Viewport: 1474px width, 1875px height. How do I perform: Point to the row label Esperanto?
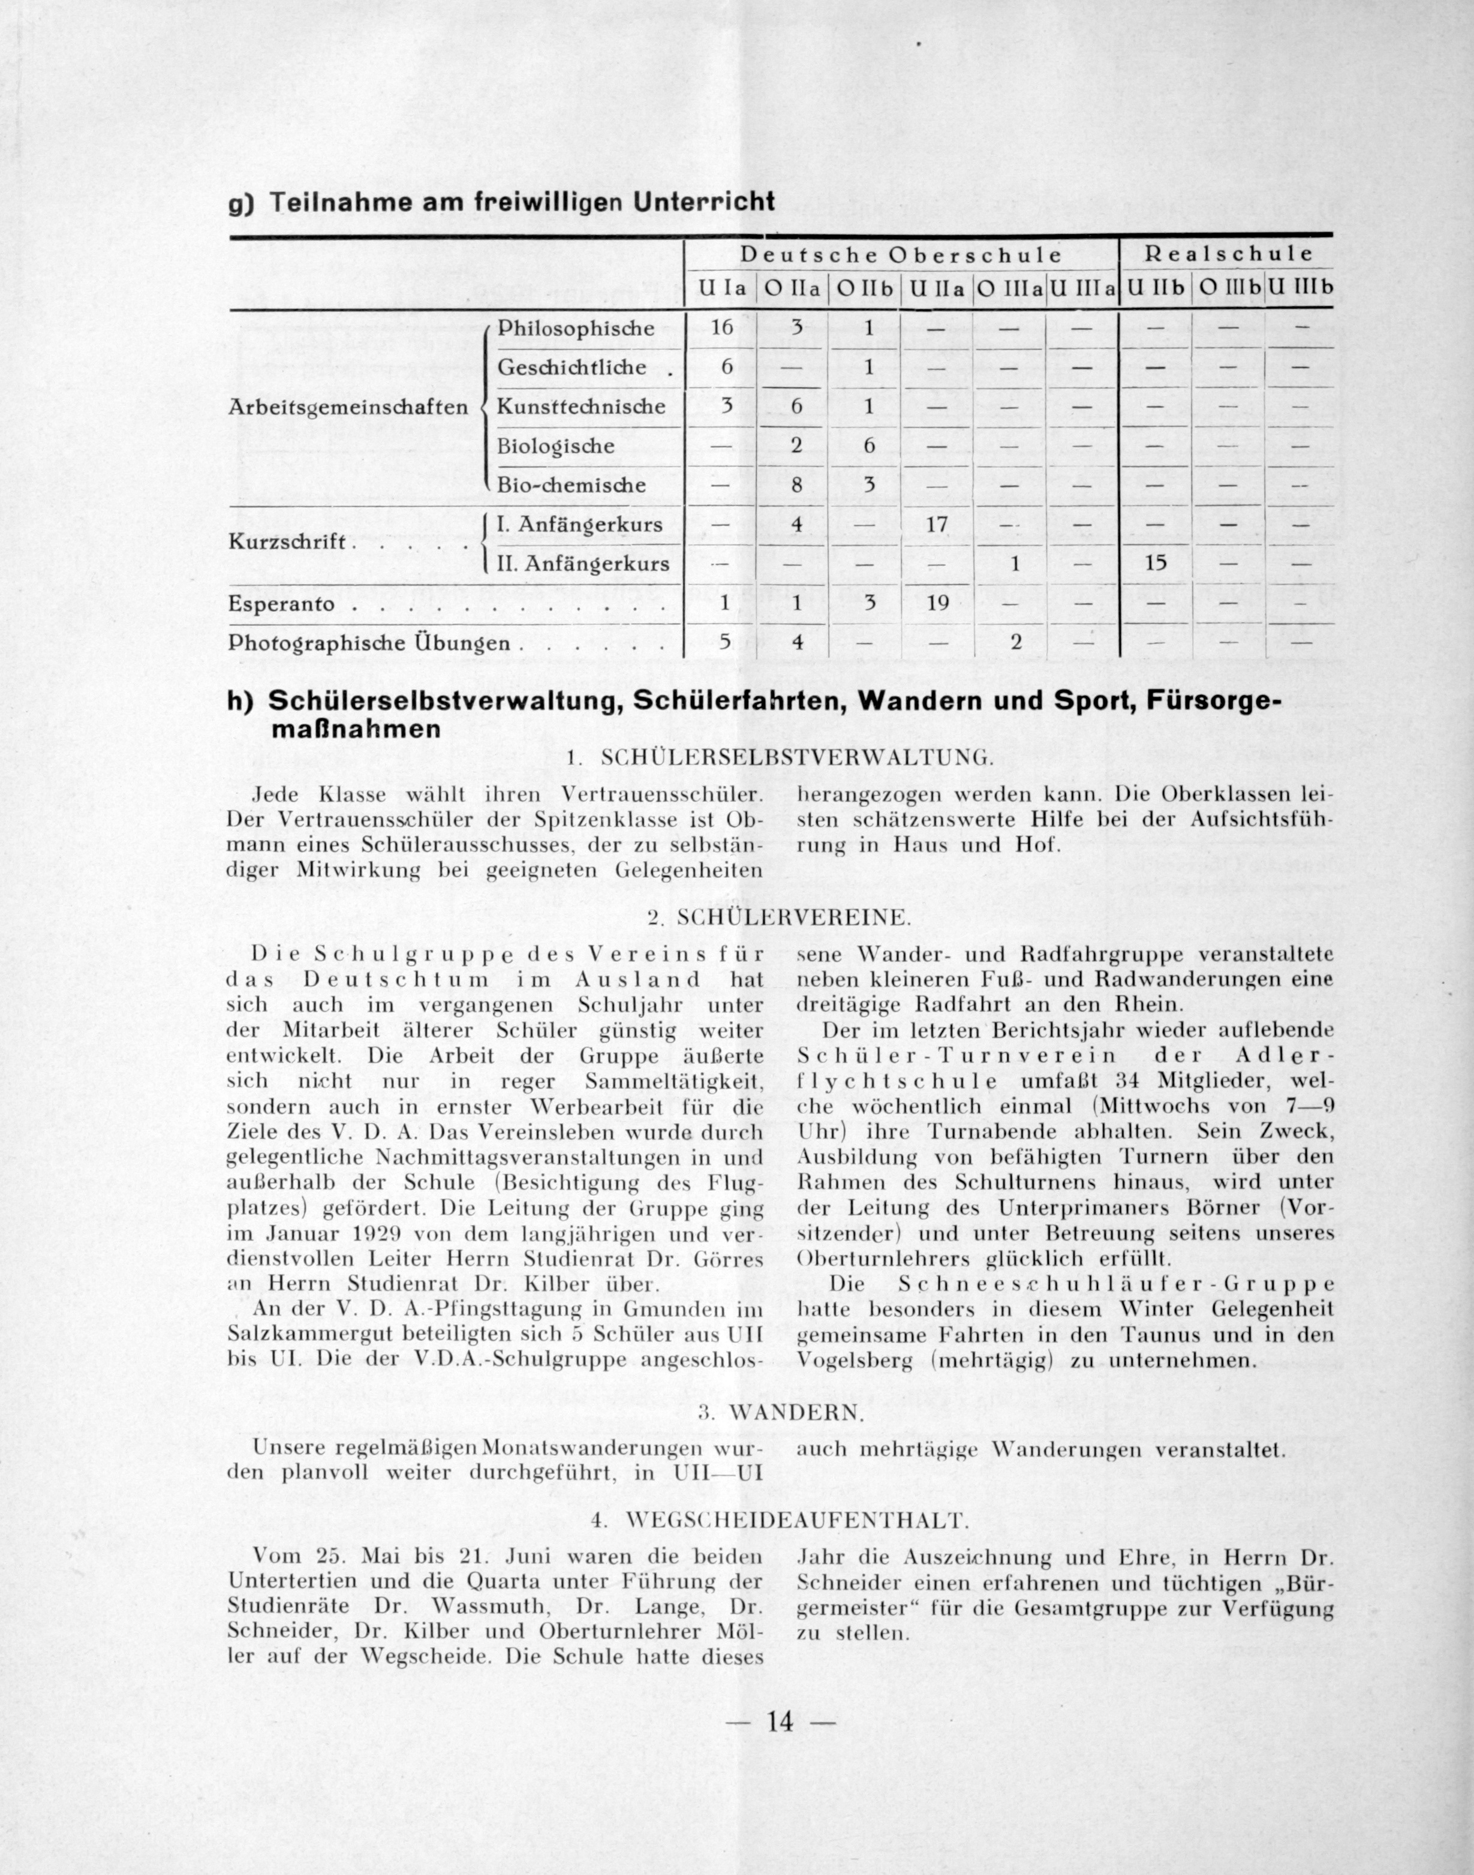click(x=281, y=604)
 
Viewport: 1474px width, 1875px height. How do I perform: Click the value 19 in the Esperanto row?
click(x=937, y=603)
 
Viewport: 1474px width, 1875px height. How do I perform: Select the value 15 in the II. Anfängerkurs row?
click(x=1156, y=564)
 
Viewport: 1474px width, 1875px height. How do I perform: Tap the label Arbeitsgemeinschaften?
click(x=348, y=407)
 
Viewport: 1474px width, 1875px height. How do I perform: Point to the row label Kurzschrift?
click(x=287, y=544)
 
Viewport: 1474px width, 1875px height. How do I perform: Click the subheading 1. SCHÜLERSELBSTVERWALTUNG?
click(x=780, y=759)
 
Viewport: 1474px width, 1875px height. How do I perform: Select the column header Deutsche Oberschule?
click(x=901, y=255)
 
